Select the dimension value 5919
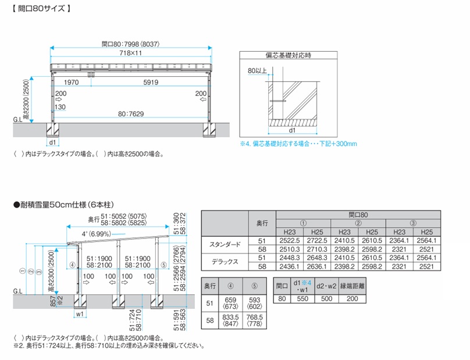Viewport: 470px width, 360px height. [x=151, y=83]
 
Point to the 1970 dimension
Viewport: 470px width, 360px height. [x=72, y=83]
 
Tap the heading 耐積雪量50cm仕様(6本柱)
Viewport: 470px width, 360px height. [x=64, y=205]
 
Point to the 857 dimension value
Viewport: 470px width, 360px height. [x=52, y=301]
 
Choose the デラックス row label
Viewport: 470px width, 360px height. [x=225, y=261]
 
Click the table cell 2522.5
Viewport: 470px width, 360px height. [x=289, y=240]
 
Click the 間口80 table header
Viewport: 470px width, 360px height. [x=358, y=215]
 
